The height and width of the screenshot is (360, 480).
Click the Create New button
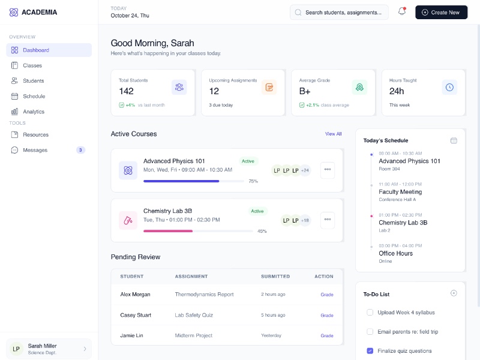click(441, 12)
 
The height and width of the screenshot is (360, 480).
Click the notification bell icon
click(402, 12)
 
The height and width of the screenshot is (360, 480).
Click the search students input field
click(342, 12)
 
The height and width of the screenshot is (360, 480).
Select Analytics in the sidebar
click(34, 112)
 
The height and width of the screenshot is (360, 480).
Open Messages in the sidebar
click(35, 150)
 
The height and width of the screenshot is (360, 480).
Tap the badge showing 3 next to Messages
click(80, 150)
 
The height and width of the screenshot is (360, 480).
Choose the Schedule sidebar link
click(34, 96)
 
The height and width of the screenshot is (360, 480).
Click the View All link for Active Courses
click(333, 134)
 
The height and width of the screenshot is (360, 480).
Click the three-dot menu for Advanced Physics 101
click(328, 170)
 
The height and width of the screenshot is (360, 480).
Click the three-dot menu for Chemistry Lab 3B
click(328, 220)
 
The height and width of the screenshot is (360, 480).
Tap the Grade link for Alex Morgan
click(326, 295)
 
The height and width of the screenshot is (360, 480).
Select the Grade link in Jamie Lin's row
click(326, 335)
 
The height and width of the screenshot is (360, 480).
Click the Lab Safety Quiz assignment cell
click(194, 315)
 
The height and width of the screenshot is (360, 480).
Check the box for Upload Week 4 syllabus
click(370, 312)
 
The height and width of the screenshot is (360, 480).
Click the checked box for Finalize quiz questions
click(370, 350)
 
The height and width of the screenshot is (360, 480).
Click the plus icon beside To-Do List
click(454, 293)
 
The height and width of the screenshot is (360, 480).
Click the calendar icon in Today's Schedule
click(454, 140)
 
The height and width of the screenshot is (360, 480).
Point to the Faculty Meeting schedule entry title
click(400, 192)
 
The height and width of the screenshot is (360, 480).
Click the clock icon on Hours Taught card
click(449, 88)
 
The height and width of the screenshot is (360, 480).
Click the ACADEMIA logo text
click(39, 12)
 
